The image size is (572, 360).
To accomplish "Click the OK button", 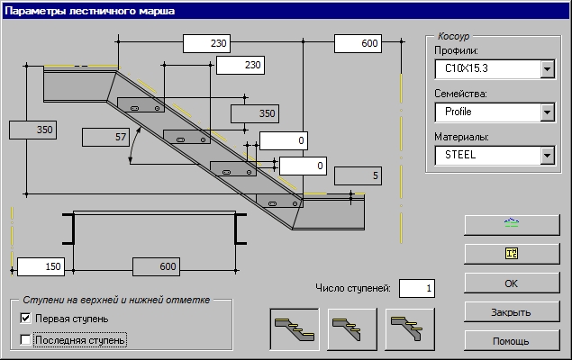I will click(x=510, y=283).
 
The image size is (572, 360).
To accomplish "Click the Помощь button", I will click(x=510, y=341).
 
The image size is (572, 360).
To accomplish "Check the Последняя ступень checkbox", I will click(x=25, y=340).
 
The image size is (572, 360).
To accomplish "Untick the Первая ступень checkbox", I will click(x=25, y=319).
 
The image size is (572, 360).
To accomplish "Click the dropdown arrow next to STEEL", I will click(x=546, y=155).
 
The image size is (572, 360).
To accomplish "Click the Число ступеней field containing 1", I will click(x=416, y=288).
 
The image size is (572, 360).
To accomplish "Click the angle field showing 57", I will click(x=106, y=137).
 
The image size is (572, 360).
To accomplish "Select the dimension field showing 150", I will click(x=40, y=266).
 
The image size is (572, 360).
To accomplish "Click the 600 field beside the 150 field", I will click(x=168, y=266).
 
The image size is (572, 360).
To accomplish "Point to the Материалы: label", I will click(x=462, y=137).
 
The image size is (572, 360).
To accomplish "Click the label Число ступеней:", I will click(x=352, y=288).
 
